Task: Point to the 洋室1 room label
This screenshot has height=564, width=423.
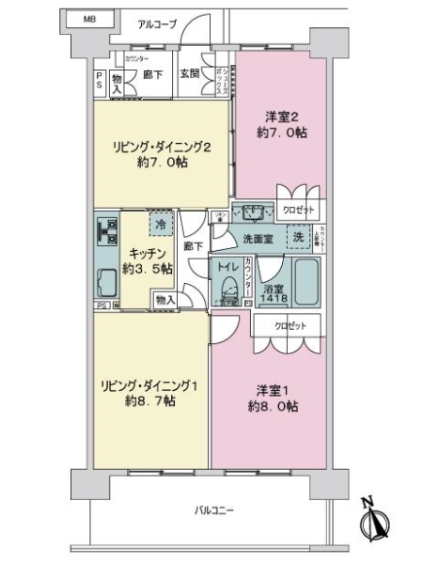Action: (x=274, y=390)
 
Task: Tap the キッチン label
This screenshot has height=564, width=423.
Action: (x=148, y=253)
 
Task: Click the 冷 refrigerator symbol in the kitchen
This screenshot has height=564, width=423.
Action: (x=161, y=226)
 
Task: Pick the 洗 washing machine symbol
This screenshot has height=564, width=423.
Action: (x=299, y=238)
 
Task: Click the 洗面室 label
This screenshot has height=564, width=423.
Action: (x=258, y=239)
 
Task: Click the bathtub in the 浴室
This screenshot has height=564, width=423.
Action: (x=306, y=283)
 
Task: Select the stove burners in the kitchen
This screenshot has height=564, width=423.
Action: (x=105, y=230)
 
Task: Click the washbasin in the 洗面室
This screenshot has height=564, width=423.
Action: (x=252, y=211)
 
